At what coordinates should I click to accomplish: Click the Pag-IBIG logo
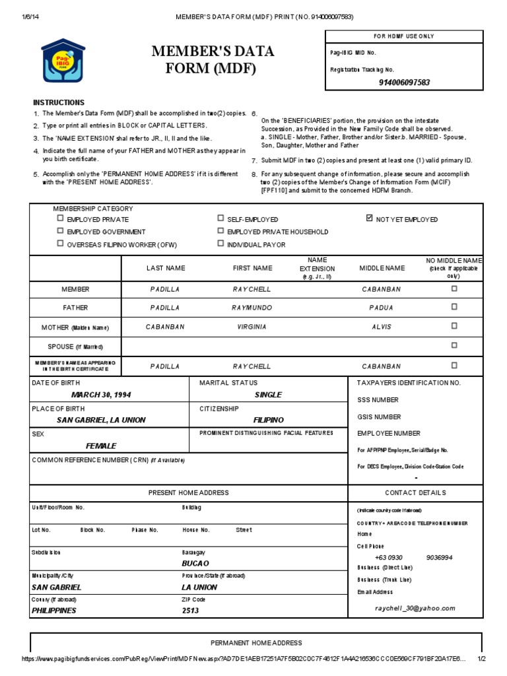(x=63, y=61)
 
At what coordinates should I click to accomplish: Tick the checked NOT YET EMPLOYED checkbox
(x=369, y=219)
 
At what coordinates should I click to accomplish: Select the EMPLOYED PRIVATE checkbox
(x=60, y=219)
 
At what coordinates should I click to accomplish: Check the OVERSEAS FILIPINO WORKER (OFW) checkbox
(x=60, y=244)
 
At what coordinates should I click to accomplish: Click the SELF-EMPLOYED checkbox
(x=220, y=219)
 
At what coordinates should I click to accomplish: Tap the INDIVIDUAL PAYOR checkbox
(x=220, y=244)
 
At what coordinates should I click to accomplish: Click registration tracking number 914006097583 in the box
(x=404, y=83)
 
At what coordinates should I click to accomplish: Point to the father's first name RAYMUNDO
(x=252, y=308)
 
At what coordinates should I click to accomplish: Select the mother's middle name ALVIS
(x=382, y=327)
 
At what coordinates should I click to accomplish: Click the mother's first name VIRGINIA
(x=252, y=327)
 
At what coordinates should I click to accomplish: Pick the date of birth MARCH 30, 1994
(x=101, y=395)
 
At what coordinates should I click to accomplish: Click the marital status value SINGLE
(x=268, y=395)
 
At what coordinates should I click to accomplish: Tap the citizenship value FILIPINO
(x=268, y=420)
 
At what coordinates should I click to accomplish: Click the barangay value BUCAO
(x=195, y=563)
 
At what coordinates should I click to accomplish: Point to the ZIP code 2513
(x=190, y=611)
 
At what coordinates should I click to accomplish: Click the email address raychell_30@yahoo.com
(x=415, y=608)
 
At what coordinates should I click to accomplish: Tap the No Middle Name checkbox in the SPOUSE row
(x=454, y=345)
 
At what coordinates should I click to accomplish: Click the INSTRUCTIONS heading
(x=59, y=102)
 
